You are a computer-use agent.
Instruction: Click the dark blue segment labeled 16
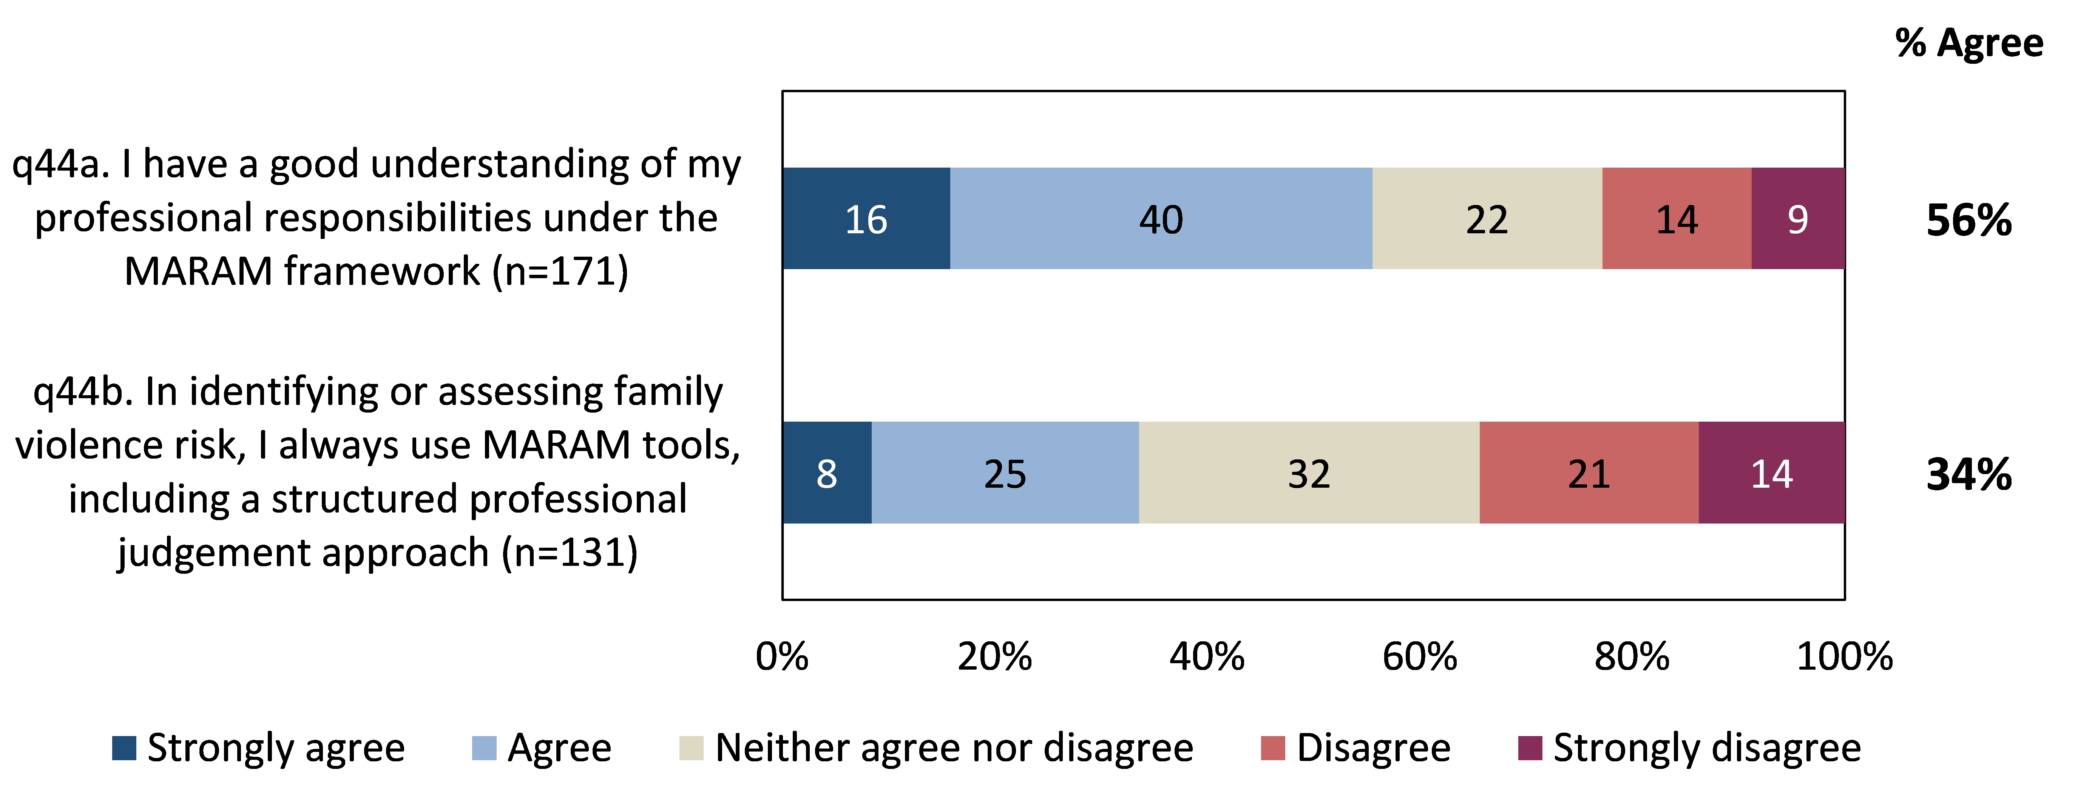pyautogui.click(x=866, y=219)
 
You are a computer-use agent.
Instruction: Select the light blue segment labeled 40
pyautogui.click(x=1161, y=219)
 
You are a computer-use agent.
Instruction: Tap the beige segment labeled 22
pyautogui.click(x=1487, y=219)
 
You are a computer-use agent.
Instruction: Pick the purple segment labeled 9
pyautogui.click(x=1797, y=219)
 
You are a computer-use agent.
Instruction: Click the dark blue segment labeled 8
pyautogui.click(x=826, y=473)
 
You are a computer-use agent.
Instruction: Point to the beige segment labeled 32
pyautogui.click(x=1309, y=473)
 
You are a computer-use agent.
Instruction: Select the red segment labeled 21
pyautogui.click(x=1588, y=473)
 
